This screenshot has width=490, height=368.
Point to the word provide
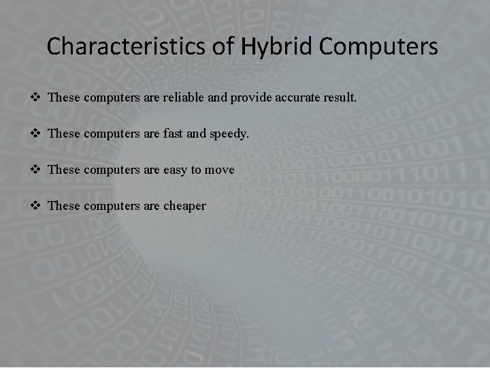[x=252, y=98]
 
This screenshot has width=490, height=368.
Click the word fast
[x=173, y=134]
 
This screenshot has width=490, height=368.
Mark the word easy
[x=176, y=170]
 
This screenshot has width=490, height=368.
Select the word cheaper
[x=184, y=206]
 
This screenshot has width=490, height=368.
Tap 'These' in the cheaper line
[x=64, y=205]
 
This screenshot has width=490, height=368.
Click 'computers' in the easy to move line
[x=112, y=170]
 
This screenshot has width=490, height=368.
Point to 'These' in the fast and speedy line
[x=64, y=134]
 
